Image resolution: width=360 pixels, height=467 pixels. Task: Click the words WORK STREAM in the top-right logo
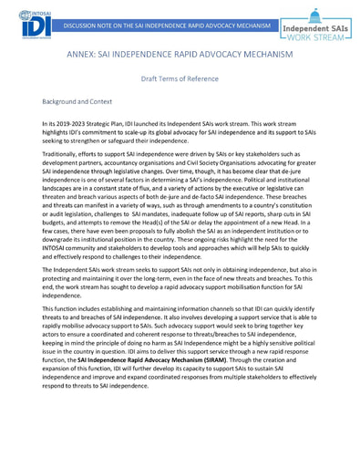coord(317,43)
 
